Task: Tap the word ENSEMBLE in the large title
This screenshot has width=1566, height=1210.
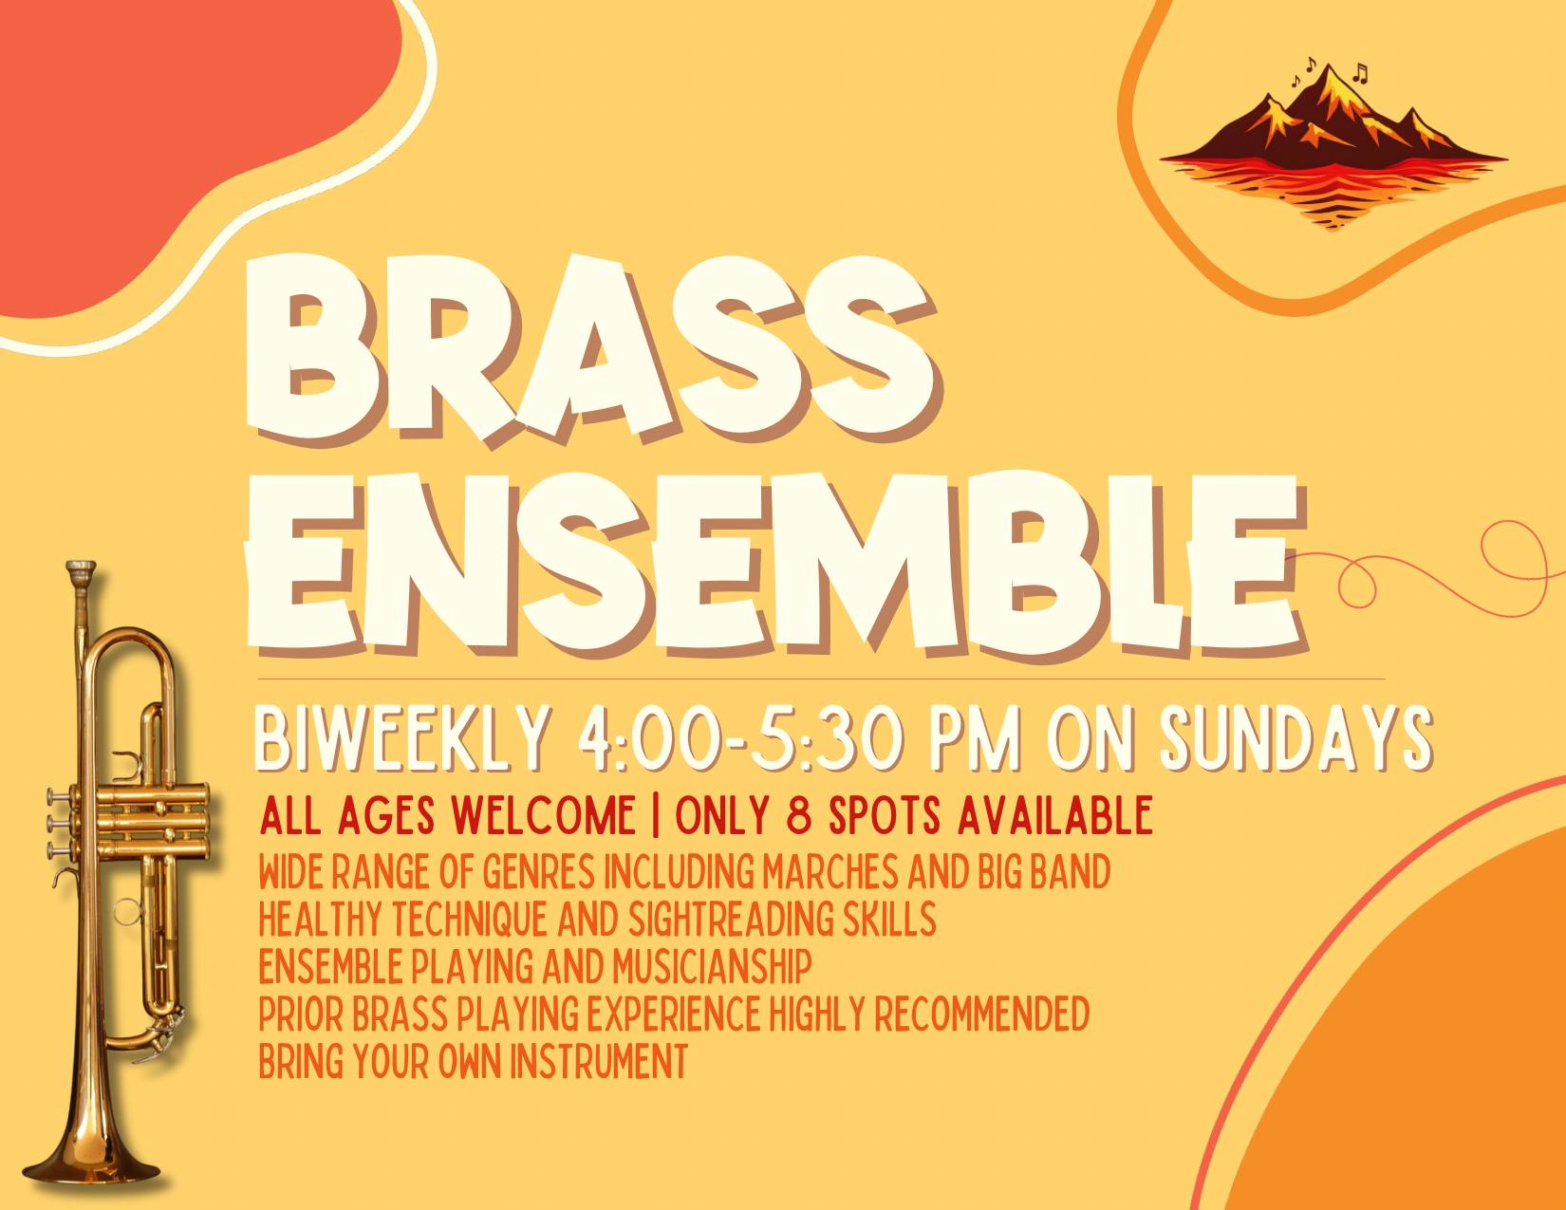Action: [x=774, y=565]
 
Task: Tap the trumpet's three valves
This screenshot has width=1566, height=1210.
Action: [x=128, y=821]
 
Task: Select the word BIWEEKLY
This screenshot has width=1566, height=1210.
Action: [x=403, y=737]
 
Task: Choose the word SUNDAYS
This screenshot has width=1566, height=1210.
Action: [x=1296, y=737]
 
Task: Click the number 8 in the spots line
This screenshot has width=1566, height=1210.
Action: [x=799, y=816]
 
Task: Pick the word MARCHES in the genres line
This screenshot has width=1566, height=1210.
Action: [x=830, y=872]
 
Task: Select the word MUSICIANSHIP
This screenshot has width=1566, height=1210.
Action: [x=712, y=967]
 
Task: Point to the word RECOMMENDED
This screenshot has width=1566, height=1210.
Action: [x=981, y=1015]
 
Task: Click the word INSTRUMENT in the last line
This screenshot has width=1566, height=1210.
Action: [x=599, y=1062]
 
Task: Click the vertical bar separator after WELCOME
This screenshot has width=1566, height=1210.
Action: [x=656, y=816]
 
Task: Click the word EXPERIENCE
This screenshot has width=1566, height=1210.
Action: [x=674, y=1015]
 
